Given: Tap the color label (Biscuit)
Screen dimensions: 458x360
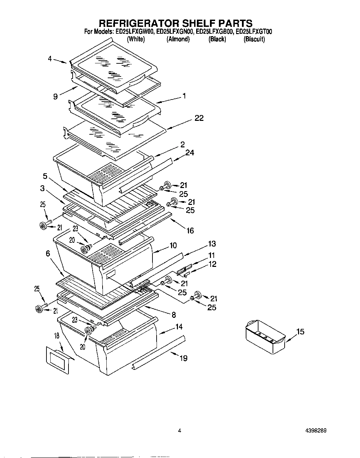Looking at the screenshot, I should click(x=254, y=39).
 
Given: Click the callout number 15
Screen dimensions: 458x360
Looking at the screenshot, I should click(x=300, y=332).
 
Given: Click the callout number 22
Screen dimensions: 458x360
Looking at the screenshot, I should click(x=199, y=118).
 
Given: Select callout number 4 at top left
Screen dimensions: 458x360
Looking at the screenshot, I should click(x=50, y=59).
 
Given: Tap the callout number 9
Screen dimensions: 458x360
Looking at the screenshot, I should click(x=55, y=97).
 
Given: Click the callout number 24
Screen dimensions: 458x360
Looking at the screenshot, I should click(x=190, y=152).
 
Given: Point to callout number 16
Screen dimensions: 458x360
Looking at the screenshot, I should click(x=190, y=231).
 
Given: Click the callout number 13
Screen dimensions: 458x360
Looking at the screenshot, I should click(x=212, y=244).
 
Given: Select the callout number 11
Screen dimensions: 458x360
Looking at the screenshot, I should click(x=211, y=255).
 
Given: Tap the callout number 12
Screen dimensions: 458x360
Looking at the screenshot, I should click(x=212, y=264).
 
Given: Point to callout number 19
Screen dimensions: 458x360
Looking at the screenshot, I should click(x=183, y=358).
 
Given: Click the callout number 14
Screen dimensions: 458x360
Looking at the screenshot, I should click(x=179, y=327).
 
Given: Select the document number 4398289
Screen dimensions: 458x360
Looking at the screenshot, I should click(x=315, y=430).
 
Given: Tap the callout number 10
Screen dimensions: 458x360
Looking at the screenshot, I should click(x=173, y=246).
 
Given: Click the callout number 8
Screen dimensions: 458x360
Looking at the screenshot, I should click(x=174, y=314).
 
